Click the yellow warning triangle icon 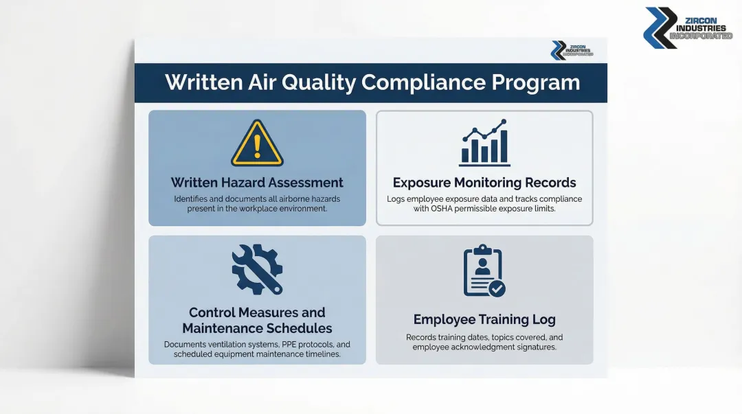click(257, 143)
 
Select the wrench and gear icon click(257, 270)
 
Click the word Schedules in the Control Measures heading click(299, 328)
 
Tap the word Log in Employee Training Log click(544, 319)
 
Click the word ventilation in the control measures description click(238, 345)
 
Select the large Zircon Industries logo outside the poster click(688, 28)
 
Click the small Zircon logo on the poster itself click(572, 50)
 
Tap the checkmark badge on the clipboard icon click(497, 288)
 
